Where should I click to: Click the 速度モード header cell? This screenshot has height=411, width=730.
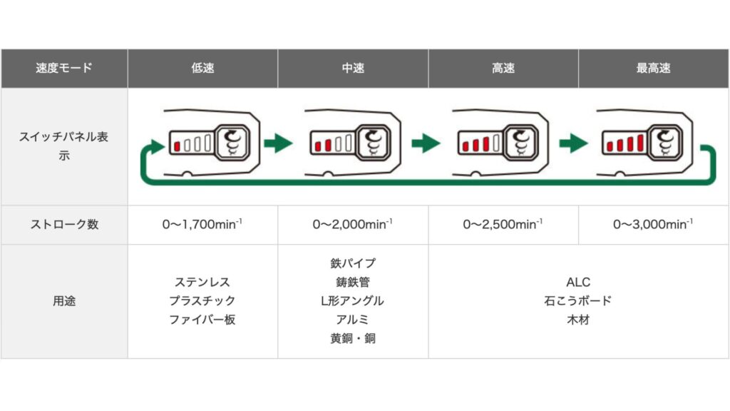click(x=64, y=68)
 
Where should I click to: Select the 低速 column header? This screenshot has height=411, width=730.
click(x=202, y=68)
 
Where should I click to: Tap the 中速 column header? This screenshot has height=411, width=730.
click(x=353, y=68)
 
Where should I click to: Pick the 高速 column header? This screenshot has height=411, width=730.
click(x=503, y=68)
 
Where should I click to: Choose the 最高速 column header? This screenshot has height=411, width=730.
click(x=653, y=68)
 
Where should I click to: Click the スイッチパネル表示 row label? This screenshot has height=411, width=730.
click(x=63, y=146)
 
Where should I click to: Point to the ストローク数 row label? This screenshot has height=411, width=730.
click(x=64, y=224)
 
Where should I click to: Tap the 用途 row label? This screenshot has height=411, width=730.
click(x=64, y=301)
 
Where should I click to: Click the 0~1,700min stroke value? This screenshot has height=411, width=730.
click(x=202, y=224)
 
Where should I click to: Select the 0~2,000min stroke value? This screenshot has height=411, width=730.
click(x=352, y=224)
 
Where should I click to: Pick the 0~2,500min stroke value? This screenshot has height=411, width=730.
click(x=503, y=224)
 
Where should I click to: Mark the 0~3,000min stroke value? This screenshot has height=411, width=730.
click(x=653, y=224)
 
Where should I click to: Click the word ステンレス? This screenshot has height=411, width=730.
click(x=202, y=282)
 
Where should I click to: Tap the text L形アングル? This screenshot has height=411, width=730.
click(x=352, y=300)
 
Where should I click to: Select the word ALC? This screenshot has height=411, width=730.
click(x=578, y=282)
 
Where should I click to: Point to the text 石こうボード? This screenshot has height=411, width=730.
click(x=577, y=300)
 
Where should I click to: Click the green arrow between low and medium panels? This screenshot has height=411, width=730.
click(x=278, y=143)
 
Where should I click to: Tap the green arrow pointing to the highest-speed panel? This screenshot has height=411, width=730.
click(x=574, y=143)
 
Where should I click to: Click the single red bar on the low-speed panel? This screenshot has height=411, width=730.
click(x=177, y=146)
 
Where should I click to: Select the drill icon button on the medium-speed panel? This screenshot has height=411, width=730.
click(x=373, y=143)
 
